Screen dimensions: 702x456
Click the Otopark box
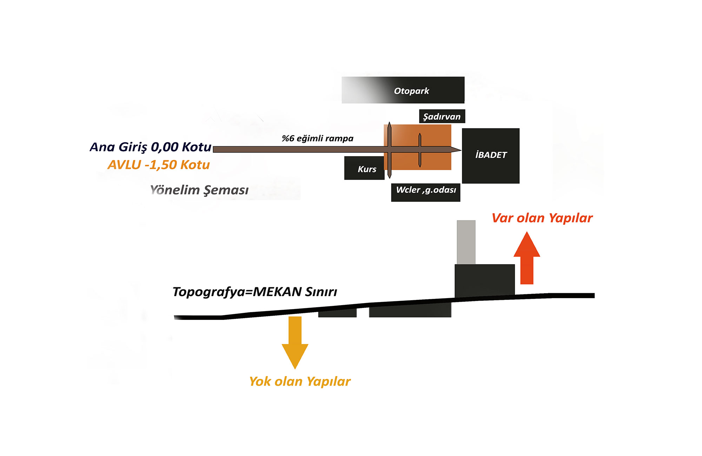(x=403, y=90)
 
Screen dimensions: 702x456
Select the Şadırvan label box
(x=442, y=116)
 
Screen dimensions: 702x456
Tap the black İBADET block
(x=491, y=156)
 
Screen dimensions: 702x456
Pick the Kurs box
(x=364, y=168)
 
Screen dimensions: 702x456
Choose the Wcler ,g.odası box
(x=426, y=192)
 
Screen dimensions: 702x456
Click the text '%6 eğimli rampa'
(x=318, y=139)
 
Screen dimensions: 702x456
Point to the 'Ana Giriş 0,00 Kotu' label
(x=151, y=147)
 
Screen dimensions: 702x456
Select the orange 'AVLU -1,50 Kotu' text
(x=159, y=165)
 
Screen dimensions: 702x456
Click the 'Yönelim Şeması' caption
(x=199, y=190)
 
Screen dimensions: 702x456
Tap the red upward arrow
(x=527, y=258)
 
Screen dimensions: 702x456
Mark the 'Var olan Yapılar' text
(x=542, y=218)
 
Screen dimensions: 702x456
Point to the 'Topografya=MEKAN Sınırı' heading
(x=255, y=292)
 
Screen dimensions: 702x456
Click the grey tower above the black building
(x=466, y=242)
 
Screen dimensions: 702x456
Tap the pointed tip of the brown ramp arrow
(x=461, y=150)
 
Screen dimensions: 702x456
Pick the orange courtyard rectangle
(x=418, y=147)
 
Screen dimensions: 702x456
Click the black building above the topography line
(x=485, y=281)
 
